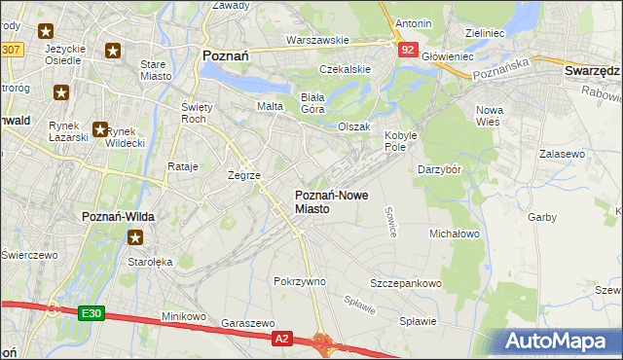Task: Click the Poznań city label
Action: tap(225, 56)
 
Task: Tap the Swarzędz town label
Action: tap(592, 72)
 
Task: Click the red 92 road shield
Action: tap(408, 50)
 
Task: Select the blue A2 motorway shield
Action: tap(281, 338)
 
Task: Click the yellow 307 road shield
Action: tap(11, 49)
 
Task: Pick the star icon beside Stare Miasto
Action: tap(114, 51)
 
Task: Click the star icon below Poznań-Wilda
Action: tap(136, 236)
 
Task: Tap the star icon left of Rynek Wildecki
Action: tap(99, 128)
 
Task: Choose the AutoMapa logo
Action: tap(559, 341)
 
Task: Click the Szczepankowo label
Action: tap(405, 283)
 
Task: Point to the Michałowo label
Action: tap(455, 234)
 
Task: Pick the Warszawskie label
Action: tap(317, 40)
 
